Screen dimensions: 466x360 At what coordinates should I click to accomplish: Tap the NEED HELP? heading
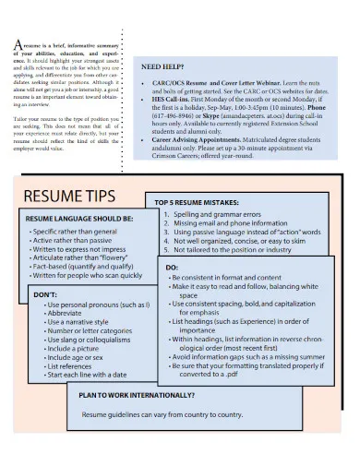point(166,66)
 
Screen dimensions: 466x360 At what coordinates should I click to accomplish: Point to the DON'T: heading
point(46,293)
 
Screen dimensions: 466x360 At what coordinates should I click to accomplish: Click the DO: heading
point(173,268)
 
